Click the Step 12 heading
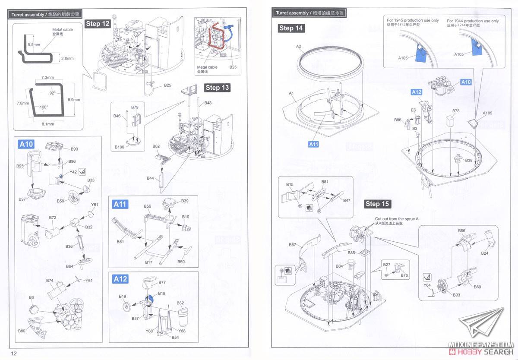tap(98, 24)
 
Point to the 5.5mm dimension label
tap(33, 44)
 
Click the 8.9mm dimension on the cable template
tap(74, 100)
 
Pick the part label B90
tap(74, 149)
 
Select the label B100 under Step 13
tap(120, 147)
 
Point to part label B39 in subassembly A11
tap(185, 201)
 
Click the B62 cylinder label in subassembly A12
tap(180, 303)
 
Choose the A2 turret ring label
tap(298, 46)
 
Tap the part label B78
tap(456, 111)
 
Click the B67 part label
tap(293, 245)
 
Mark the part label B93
tap(456, 295)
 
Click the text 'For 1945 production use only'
tap(413, 20)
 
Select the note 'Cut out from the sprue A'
tap(397, 219)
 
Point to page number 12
tap(14, 354)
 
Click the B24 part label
tap(484, 253)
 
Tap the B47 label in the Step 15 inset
tap(347, 200)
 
